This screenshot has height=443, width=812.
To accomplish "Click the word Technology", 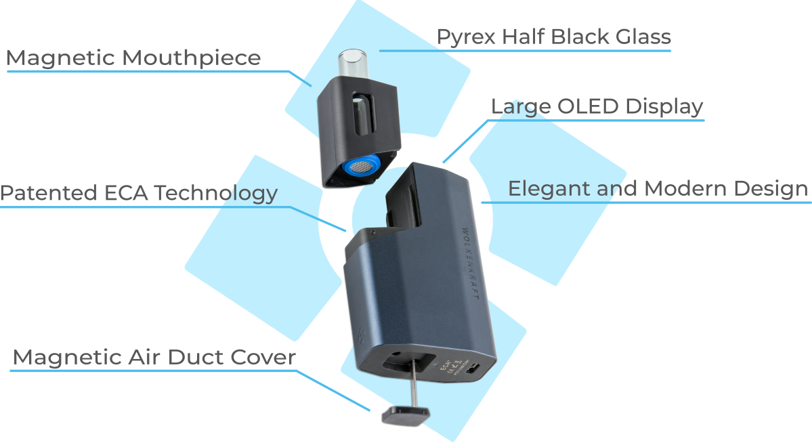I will coord(215,194).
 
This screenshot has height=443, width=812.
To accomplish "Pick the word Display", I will coord(664,107).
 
